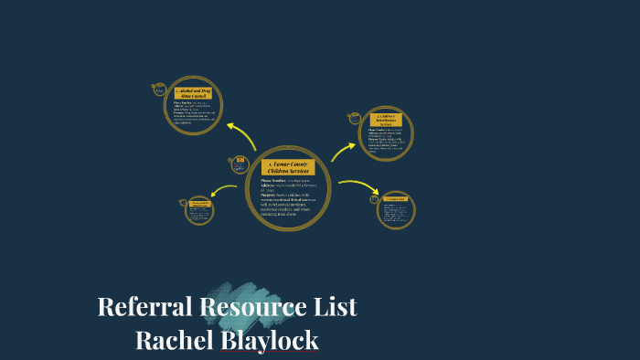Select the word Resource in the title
point(253,307)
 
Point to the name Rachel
point(175,340)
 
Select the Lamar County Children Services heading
point(288,167)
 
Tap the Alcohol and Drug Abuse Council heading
point(193,93)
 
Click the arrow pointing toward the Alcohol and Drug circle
point(243,135)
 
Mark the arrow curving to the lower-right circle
point(357,185)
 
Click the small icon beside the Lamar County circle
point(240,164)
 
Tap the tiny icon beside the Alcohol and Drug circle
point(159,90)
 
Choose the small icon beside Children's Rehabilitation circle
point(355,118)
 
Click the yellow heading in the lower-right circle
point(396,199)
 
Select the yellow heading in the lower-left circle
point(198,203)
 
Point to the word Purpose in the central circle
point(269,195)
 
